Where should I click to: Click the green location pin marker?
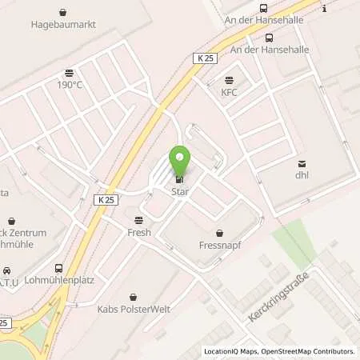click(x=179, y=161)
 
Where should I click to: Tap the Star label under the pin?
click(x=179, y=192)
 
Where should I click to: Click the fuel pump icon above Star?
click(x=179, y=180)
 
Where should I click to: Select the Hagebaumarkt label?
click(x=63, y=26)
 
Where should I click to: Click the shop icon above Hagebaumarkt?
click(x=63, y=13)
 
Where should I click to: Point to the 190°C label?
click(x=70, y=84)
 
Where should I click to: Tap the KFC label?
click(x=230, y=92)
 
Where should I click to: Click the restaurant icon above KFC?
click(x=230, y=80)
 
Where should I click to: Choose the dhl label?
click(x=302, y=175)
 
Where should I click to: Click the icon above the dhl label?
click(x=302, y=163)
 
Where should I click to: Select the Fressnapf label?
click(x=219, y=246)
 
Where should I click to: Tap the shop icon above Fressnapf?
click(x=219, y=234)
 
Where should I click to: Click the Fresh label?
click(x=139, y=232)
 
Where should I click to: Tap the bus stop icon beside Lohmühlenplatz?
click(x=58, y=269)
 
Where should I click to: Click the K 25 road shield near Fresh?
click(x=106, y=198)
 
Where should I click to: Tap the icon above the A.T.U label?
click(x=7, y=271)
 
